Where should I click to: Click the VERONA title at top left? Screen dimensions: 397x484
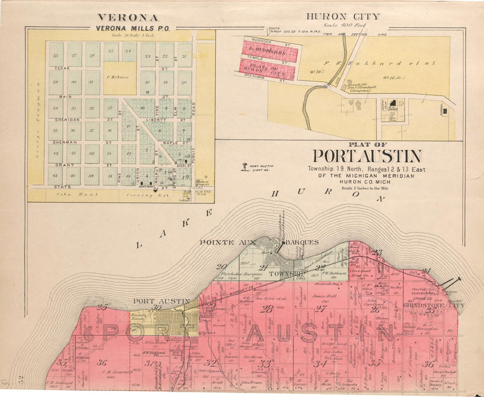[128, 18]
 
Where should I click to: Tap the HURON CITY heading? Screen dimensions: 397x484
[343, 17]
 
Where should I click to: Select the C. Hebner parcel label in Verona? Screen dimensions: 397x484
[120, 77]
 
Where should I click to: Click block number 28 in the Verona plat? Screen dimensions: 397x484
[55, 56]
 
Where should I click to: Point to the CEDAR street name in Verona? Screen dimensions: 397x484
[62, 69]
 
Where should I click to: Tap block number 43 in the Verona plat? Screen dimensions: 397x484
[55, 176]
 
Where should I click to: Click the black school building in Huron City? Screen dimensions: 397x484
[446, 112]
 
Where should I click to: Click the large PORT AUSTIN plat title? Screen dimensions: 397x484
[367, 156]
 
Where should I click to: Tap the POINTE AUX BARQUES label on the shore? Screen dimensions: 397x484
[259, 242]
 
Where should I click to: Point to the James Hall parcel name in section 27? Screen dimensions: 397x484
[324, 296]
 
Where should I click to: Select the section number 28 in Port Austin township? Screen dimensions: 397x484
[266, 309]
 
